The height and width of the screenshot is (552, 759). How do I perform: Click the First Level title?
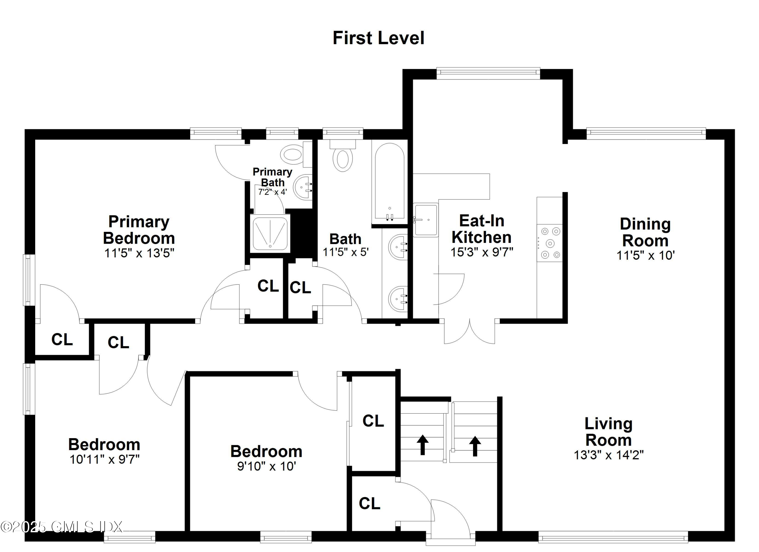(378, 38)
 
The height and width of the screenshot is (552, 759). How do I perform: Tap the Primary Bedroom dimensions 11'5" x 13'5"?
(139, 253)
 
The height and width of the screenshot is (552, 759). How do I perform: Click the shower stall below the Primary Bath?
(270, 233)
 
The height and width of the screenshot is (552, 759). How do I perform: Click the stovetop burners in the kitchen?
(550, 243)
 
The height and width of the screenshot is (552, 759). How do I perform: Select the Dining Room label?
(645, 232)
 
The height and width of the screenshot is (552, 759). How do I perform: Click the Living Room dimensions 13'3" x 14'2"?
(608, 455)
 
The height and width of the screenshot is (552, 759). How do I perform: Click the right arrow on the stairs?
(475, 445)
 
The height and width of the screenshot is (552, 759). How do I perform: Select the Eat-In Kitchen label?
(481, 229)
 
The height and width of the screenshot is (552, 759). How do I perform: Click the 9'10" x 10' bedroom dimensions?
(266, 466)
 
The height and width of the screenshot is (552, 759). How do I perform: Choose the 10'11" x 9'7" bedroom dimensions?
(104, 459)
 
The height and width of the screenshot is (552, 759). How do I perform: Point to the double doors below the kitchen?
(470, 331)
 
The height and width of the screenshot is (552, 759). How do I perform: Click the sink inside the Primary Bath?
(303, 187)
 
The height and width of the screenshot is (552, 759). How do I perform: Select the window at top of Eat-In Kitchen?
(488, 73)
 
